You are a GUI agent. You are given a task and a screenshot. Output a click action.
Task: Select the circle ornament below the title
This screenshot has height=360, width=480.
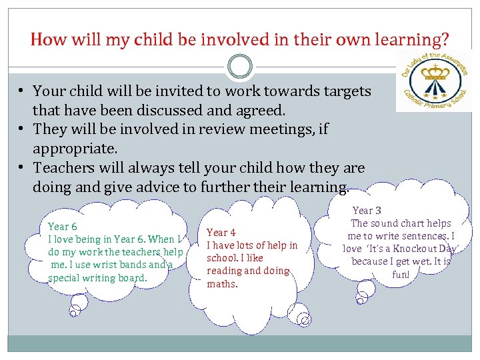click(240, 67)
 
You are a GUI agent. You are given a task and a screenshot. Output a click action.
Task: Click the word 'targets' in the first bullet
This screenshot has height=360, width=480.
click(343, 91)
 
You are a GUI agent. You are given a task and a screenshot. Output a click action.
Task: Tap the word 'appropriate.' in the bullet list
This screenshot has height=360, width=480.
click(75, 147)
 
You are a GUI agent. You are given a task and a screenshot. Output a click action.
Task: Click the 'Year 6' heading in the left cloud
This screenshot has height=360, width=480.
click(63, 227)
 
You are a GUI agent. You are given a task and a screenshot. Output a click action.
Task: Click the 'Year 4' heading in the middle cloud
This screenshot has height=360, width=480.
click(221, 233)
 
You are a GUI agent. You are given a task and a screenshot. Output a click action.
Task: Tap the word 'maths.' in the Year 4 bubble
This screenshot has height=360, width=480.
click(222, 284)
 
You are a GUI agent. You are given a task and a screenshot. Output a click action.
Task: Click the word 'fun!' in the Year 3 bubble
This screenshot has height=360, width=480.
click(401, 274)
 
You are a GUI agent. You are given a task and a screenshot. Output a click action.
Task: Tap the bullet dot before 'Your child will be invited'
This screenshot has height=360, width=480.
click(22, 91)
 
